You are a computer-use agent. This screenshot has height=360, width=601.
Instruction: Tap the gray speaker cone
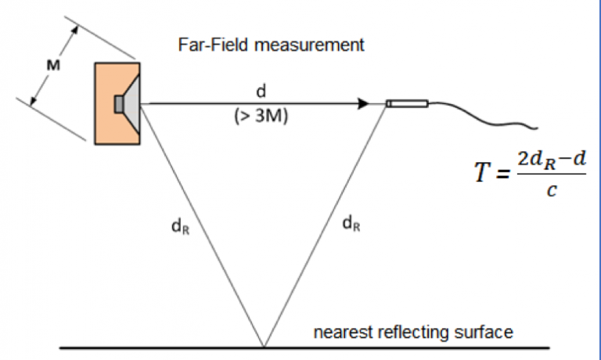pos(131,103)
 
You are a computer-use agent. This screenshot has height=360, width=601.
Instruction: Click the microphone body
pos(407,103)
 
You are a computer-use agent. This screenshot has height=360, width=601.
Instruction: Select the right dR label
pos(352,225)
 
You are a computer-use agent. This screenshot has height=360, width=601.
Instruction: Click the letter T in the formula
pos(480,173)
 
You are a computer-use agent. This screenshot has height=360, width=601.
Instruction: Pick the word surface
pos(486,332)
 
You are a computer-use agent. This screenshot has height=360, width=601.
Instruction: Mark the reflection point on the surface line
pos(264,346)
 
